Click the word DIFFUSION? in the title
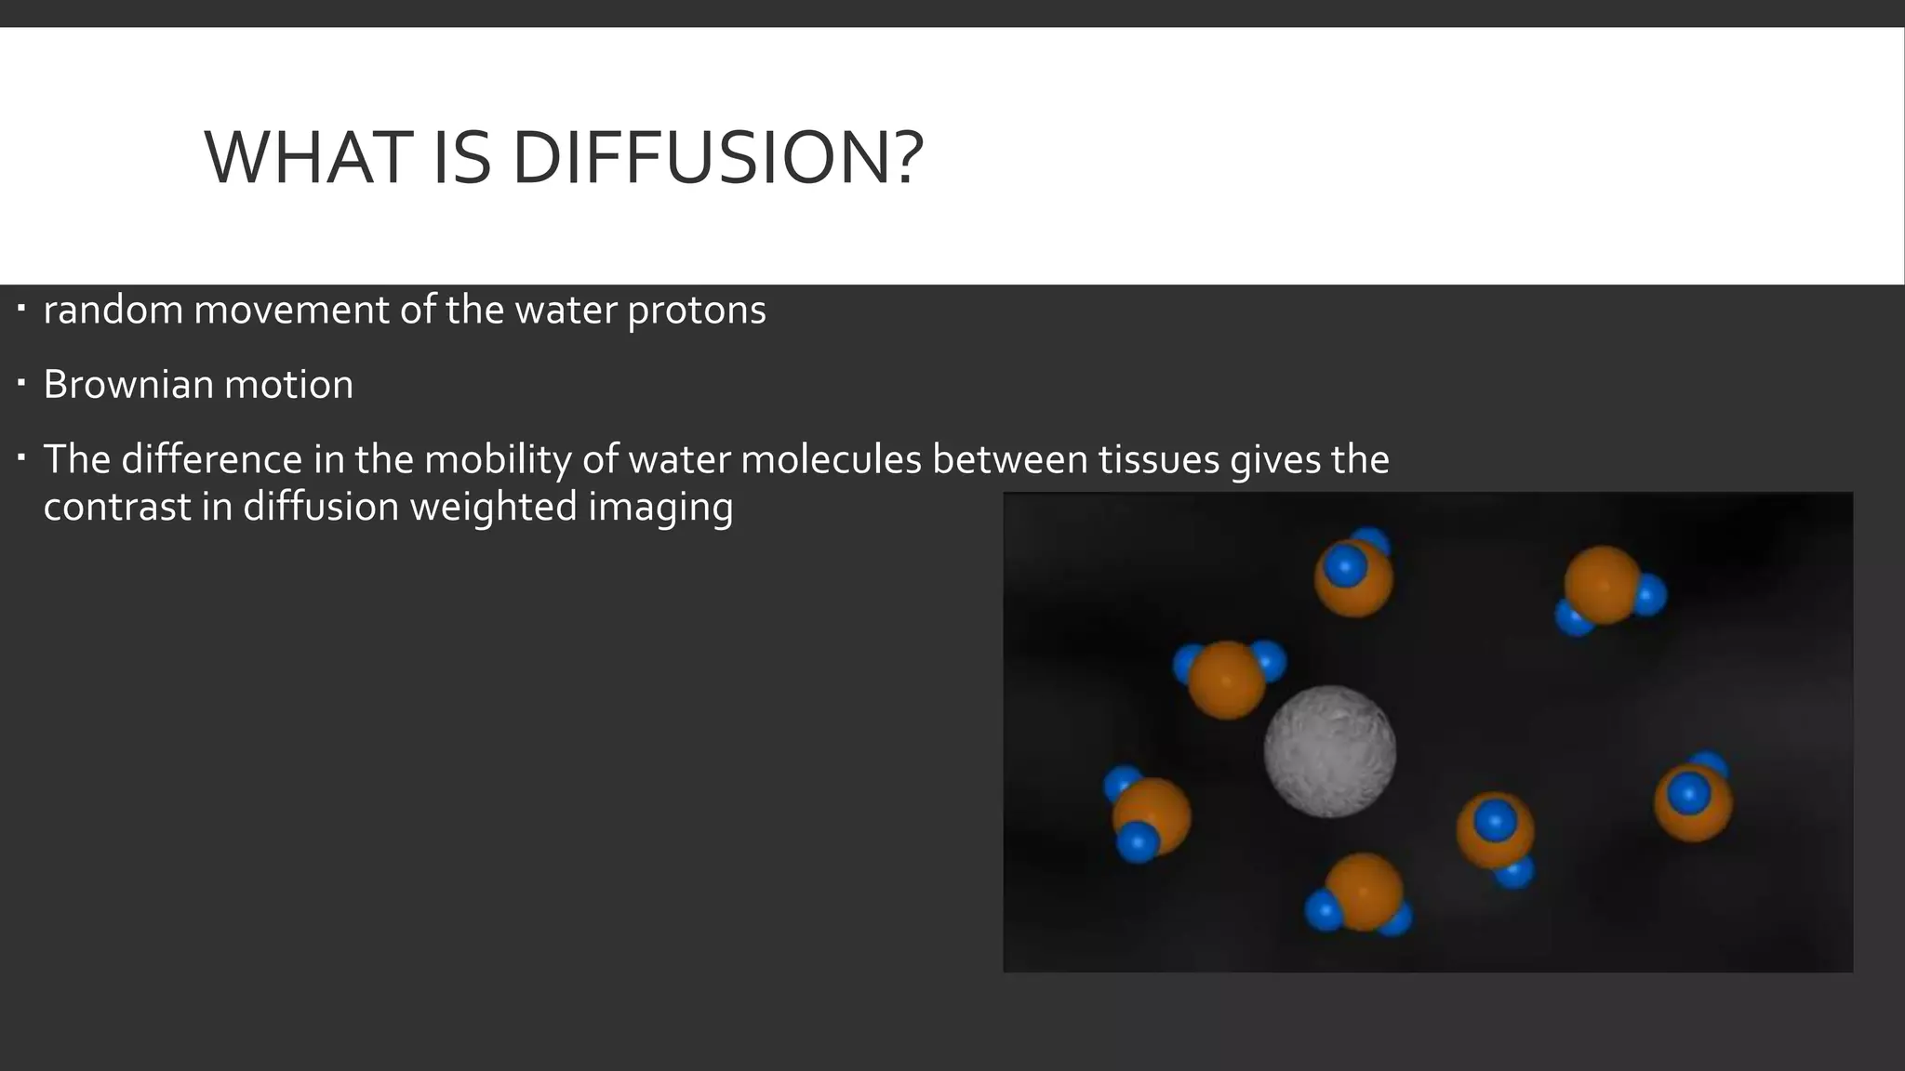coord(717,157)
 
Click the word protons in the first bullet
coord(697,311)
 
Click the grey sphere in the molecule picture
coord(1330,751)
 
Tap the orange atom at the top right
coord(1602,585)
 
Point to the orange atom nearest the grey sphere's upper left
coord(1227,680)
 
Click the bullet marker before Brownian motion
coord(21,383)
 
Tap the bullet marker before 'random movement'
coord(21,308)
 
